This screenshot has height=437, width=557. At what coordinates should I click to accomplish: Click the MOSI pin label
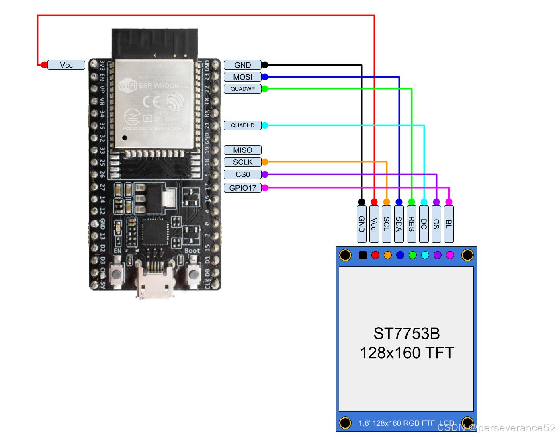(243, 77)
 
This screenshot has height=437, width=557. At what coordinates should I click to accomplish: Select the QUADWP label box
(243, 89)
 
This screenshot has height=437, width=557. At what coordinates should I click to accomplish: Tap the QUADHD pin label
(243, 125)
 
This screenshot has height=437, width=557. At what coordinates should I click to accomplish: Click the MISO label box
(243, 150)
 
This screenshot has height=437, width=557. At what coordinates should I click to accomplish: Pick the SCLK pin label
(243, 162)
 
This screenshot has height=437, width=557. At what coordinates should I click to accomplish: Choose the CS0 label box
(243, 174)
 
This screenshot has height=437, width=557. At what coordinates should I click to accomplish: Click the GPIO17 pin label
(243, 188)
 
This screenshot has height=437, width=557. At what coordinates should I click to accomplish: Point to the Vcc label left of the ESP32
(66, 65)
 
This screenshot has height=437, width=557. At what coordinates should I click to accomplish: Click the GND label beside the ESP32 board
(243, 65)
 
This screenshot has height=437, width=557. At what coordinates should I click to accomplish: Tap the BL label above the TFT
(449, 224)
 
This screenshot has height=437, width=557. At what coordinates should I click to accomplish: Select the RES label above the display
(412, 224)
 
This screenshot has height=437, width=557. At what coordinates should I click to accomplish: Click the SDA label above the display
(399, 224)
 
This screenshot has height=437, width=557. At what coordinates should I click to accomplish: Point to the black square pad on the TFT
(362, 255)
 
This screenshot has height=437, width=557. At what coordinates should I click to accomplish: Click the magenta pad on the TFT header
(450, 255)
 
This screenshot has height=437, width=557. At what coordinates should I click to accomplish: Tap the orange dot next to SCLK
(265, 162)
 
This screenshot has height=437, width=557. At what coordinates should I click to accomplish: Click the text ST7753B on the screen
(406, 334)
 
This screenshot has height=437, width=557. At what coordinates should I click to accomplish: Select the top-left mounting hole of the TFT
(345, 255)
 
